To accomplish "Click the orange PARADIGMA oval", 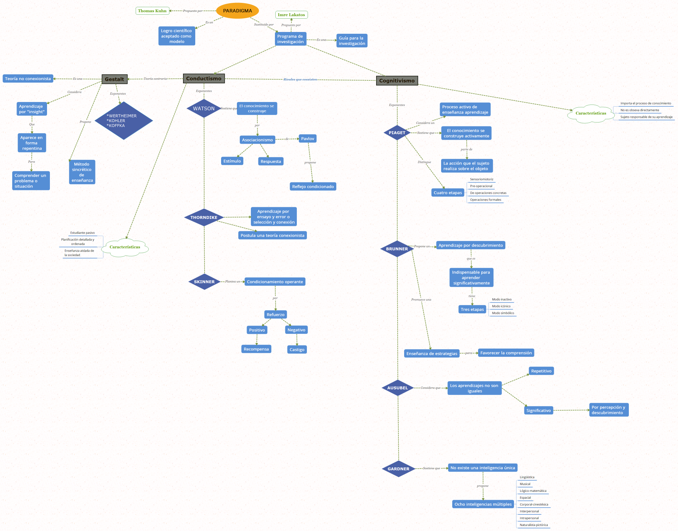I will [237, 11].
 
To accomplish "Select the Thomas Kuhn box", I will [152, 11].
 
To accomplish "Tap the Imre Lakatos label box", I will [291, 15].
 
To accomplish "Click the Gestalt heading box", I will [114, 79].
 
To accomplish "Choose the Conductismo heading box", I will [204, 78].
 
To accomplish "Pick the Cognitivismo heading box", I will [397, 80].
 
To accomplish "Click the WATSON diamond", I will [204, 108].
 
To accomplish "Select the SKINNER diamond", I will [204, 282].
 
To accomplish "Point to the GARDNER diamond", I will [398, 469].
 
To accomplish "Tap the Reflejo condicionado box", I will [313, 186].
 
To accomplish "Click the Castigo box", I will [297, 349].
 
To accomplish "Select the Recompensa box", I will [256, 349].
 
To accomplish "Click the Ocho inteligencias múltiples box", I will [483, 504].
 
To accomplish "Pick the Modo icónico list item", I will [501, 306].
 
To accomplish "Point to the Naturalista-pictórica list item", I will [534, 525].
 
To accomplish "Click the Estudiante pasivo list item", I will [83, 233].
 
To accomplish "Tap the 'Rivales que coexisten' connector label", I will [300, 79].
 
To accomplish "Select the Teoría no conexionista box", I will [28, 79].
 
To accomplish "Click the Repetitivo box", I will [541, 371].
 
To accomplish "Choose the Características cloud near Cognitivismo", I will [590, 113].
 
